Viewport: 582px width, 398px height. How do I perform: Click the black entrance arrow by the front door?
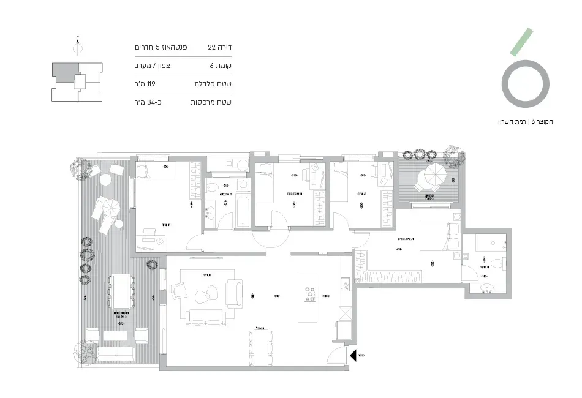pyautogui.click(x=353, y=355)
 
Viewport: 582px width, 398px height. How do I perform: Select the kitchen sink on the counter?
pyautogui.click(x=345, y=283)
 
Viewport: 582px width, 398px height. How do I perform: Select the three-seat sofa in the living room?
pyautogui.click(x=204, y=317)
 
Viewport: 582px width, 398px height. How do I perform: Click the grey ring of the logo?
pyautogui.click(x=524, y=85)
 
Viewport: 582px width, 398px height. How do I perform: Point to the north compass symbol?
pyautogui.click(x=78, y=47)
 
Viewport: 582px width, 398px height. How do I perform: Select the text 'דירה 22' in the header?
pyautogui.click(x=219, y=47)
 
